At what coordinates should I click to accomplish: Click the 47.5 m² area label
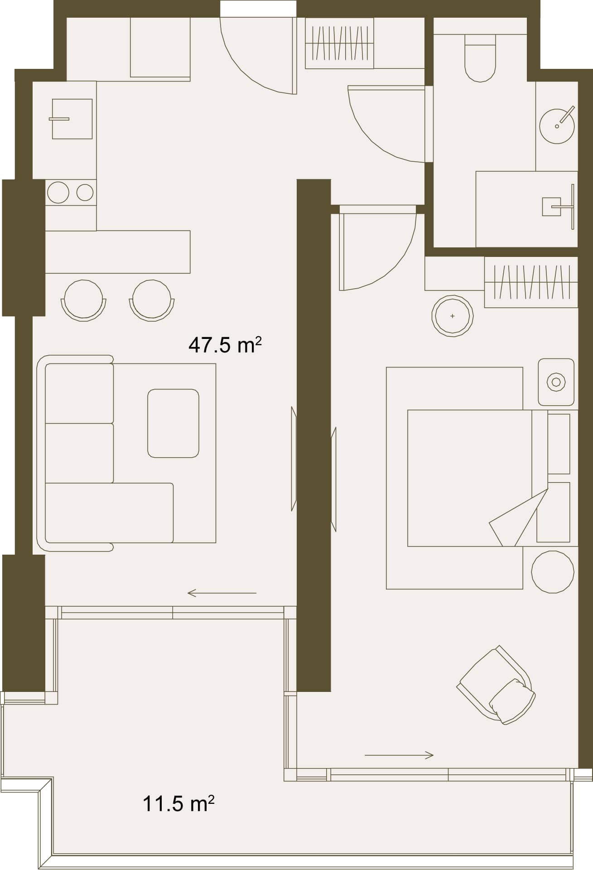tap(225, 345)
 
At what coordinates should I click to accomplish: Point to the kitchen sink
tap(72, 119)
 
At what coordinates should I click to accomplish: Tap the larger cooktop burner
tap(58, 193)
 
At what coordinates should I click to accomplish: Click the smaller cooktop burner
tap(85, 193)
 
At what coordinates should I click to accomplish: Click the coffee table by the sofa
tap(174, 423)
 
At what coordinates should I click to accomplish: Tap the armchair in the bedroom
tap(497, 685)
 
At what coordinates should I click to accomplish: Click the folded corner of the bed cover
tap(519, 518)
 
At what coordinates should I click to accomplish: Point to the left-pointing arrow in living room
tap(222, 593)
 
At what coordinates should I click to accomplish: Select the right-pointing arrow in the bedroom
tap(399, 755)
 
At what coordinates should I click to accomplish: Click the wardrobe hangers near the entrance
tap(339, 43)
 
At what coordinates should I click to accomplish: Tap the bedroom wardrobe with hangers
tap(531, 282)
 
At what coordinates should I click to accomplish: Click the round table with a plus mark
tap(453, 316)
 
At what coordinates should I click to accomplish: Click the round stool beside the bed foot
tap(553, 572)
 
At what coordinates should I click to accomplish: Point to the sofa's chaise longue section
tap(109, 513)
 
